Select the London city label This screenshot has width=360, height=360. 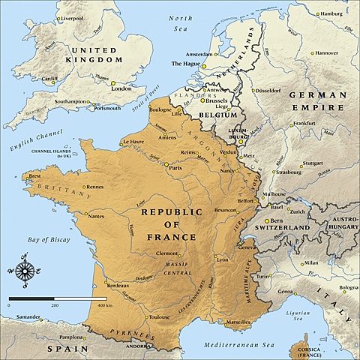(121, 88)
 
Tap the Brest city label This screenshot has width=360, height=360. (34, 177)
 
